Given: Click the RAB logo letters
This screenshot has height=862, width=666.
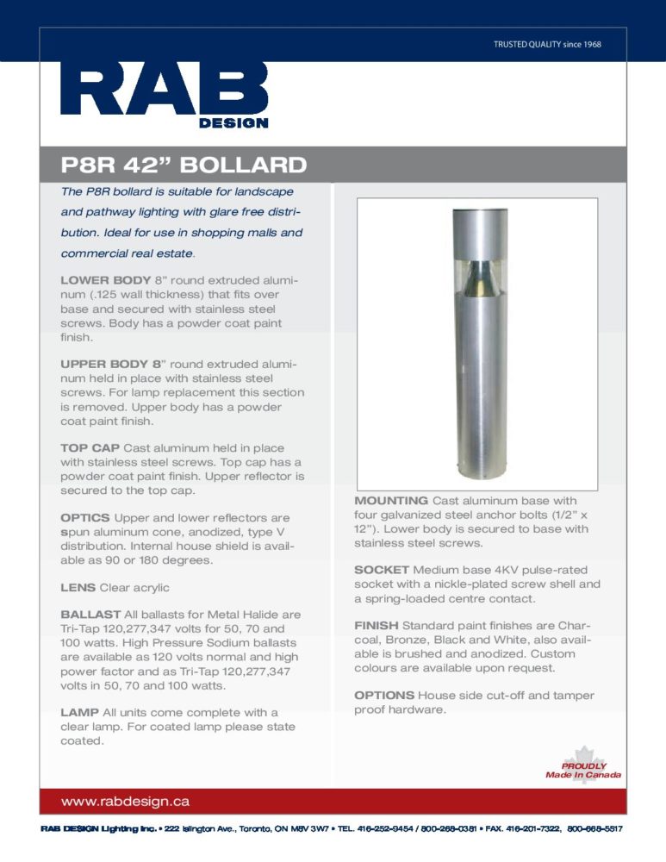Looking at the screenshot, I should [164, 91].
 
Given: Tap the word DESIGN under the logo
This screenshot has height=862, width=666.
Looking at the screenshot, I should [233, 123].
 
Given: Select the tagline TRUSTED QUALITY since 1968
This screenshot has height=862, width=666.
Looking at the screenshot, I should [547, 44].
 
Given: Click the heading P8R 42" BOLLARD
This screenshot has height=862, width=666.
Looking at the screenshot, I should [184, 165].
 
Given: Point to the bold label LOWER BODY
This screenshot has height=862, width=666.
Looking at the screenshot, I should [104, 281].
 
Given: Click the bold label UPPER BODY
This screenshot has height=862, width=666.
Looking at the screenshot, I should [103, 365].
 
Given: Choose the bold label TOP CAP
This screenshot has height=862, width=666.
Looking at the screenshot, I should [90, 448].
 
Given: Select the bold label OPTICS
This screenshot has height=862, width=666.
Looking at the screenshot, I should [85, 517].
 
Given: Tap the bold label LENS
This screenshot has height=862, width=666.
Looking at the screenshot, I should [78, 588].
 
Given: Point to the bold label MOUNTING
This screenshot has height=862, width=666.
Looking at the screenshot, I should [391, 501].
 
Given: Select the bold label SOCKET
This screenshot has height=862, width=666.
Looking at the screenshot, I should [382, 571].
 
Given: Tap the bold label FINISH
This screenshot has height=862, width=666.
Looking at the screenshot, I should [376, 625].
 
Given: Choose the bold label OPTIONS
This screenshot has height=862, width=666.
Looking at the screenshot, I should [384, 696].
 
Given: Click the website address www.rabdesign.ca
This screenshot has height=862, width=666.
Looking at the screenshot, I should [125, 802].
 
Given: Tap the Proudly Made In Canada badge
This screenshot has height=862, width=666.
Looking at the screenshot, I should [583, 766].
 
